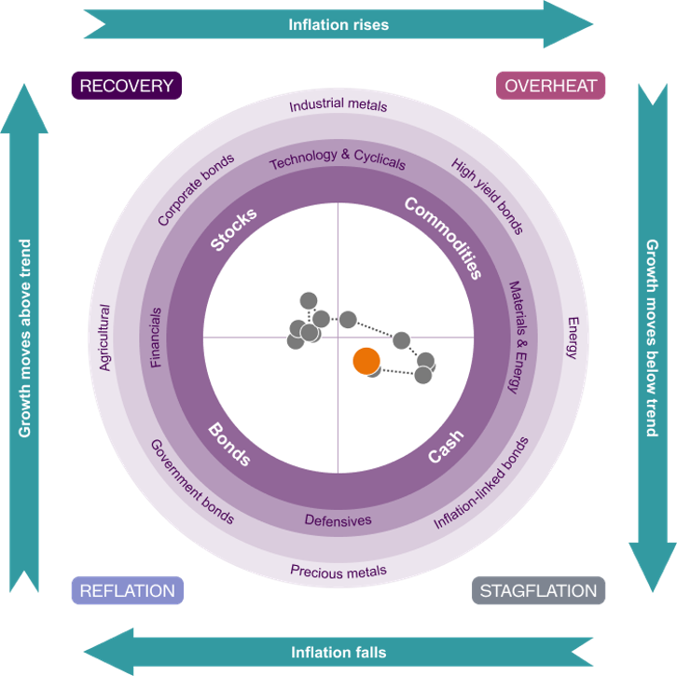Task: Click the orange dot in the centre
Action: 366,361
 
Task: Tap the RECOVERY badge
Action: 127,86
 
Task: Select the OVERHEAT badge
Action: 550,86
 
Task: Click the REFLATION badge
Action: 128,590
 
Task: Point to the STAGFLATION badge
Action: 538,590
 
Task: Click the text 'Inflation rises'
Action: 338,24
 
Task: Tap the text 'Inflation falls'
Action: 338,652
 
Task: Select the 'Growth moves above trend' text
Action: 25,338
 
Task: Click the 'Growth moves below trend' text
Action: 652,338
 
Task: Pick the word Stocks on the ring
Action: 233,228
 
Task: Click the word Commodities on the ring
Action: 443,238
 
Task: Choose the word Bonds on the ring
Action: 229,444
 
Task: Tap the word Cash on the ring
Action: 446,446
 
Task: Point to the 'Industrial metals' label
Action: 338,104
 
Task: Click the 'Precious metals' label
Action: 338,572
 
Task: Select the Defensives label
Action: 338,520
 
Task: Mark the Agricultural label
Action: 105,338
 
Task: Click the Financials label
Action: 156,338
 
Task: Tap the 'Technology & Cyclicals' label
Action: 338,159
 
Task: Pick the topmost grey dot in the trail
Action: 309,301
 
